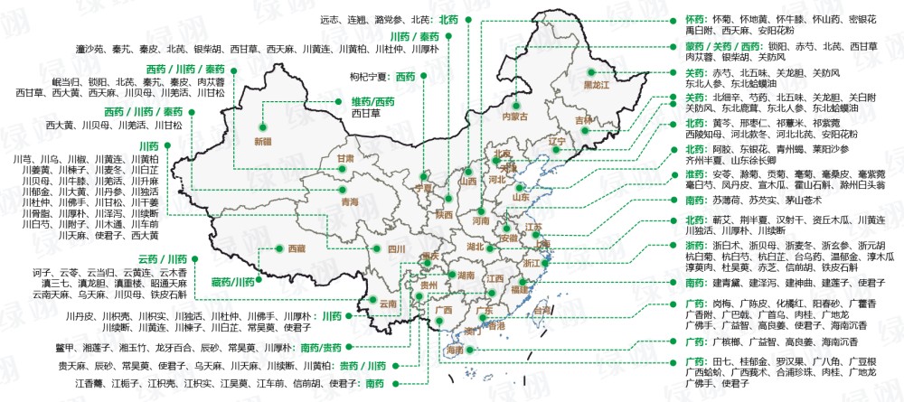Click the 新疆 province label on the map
click(262, 141)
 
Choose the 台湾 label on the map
click(541, 310)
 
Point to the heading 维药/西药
click(372, 102)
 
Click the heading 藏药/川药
click(232, 282)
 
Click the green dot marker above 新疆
click(264, 128)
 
